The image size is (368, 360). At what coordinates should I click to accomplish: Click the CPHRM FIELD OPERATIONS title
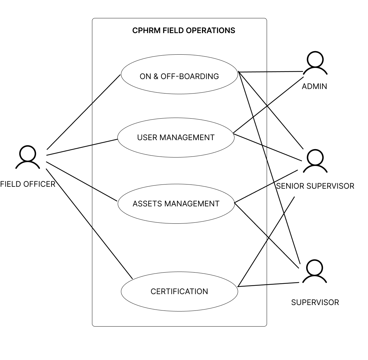[x=184, y=31]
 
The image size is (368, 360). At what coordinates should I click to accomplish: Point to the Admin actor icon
[x=315, y=63]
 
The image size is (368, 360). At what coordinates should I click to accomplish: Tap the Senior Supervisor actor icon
[x=315, y=161]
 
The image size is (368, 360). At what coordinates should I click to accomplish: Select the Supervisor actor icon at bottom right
[x=315, y=271]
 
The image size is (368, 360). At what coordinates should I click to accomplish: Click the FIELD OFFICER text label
[x=28, y=184]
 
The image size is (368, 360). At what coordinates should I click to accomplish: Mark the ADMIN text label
[x=315, y=86]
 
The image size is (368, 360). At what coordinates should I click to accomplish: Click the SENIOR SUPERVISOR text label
[x=315, y=186]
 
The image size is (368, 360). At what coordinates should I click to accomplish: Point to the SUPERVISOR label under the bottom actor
[x=315, y=302]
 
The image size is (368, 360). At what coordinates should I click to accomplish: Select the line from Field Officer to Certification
[x=89, y=224]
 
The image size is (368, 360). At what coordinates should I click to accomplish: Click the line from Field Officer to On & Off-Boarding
[x=84, y=112]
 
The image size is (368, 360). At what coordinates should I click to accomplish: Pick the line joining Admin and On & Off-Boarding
[x=271, y=72]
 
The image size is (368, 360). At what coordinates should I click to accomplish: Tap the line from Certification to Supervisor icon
[x=269, y=284]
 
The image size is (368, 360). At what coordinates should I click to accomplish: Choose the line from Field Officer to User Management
[x=82, y=147]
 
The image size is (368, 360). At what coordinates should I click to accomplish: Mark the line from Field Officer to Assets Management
[x=82, y=181]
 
